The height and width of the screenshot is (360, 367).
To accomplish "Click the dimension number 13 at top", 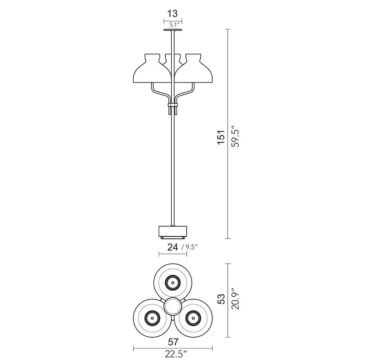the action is (172, 14).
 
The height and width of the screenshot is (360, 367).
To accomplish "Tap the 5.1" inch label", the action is (175, 25).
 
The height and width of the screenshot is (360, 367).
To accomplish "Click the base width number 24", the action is (173, 247).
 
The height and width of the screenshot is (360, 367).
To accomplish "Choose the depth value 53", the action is (221, 299).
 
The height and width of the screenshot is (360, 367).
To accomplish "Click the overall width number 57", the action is (173, 342).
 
